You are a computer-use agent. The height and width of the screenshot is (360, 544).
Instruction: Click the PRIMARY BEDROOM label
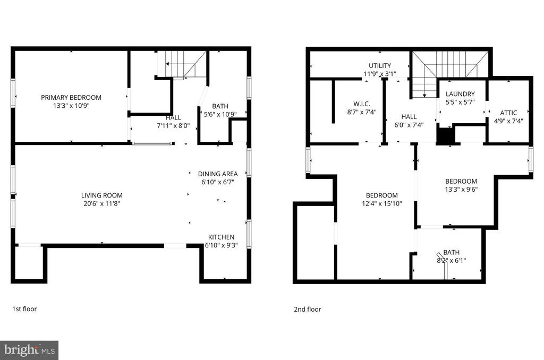pyautogui.click(x=71, y=98)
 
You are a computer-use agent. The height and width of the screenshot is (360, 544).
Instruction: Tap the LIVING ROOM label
pyautogui.click(x=101, y=195)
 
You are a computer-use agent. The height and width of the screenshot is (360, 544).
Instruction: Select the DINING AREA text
pyautogui.click(x=218, y=174)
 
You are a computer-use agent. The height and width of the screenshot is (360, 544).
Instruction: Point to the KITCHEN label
pyautogui.click(x=221, y=237)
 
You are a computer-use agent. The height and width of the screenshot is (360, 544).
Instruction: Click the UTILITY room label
pyautogui.click(x=380, y=65)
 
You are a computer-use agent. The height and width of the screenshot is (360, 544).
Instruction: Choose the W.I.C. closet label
pyautogui.click(x=362, y=104)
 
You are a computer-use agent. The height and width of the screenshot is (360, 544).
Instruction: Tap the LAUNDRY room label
pyautogui.click(x=460, y=94)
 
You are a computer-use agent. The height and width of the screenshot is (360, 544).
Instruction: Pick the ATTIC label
pyautogui.click(x=508, y=113)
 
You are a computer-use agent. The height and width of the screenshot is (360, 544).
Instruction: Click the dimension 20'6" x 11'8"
pyautogui.click(x=101, y=203)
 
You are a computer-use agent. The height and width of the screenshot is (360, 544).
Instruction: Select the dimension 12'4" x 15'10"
pyautogui.click(x=381, y=203)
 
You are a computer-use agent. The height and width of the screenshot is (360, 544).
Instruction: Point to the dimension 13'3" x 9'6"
pyautogui.click(x=461, y=190)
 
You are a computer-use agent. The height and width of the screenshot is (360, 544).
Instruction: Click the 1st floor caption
pyautogui.click(x=24, y=308)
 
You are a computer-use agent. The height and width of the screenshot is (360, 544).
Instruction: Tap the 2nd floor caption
pyautogui.click(x=308, y=309)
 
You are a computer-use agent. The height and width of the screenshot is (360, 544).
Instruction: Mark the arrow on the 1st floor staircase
pyautogui.click(x=173, y=64)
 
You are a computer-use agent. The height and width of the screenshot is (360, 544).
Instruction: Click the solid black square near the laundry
pyautogui.click(x=445, y=135)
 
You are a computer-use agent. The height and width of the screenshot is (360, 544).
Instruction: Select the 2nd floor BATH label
pyautogui.click(x=452, y=253)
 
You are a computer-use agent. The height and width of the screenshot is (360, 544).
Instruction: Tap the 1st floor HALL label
pyautogui.click(x=173, y=117)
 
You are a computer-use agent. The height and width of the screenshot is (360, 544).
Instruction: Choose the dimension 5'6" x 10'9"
pyautogui.click(x=220, y=114)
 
